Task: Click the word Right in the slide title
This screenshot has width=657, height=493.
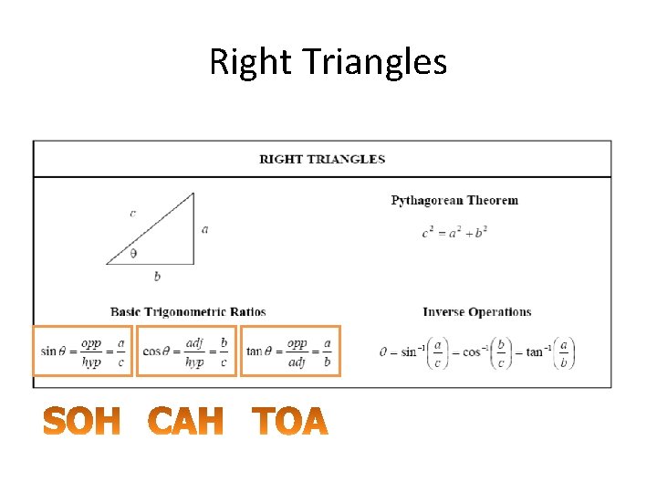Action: point(240,62)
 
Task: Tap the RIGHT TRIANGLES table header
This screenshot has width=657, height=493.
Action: point(322,159)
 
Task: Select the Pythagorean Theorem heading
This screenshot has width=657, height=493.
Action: point(454,200)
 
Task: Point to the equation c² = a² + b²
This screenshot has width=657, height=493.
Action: point(454,232)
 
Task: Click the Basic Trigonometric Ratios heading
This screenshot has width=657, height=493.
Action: point(188,312)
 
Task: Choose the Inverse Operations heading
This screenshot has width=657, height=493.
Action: point(476,312)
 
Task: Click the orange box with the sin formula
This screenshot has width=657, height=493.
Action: point(83,351)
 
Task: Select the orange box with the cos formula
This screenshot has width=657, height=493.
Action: point(186,351)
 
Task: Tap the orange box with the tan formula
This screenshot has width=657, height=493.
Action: point(290,351)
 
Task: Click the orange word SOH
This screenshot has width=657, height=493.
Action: point(82,422)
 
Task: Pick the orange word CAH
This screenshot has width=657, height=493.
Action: point(186,422)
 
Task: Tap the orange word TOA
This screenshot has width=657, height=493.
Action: point(289,422)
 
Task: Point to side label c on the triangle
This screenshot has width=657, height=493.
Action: point(133,213)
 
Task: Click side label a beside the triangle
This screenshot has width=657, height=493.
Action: point(204,229)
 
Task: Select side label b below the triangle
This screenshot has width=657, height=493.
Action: point(157,276)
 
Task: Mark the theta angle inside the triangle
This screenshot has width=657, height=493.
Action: point(133,254)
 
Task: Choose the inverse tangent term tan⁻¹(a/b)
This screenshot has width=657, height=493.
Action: point(550,352)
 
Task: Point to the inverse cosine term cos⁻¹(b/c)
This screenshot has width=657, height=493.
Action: point(487,352)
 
